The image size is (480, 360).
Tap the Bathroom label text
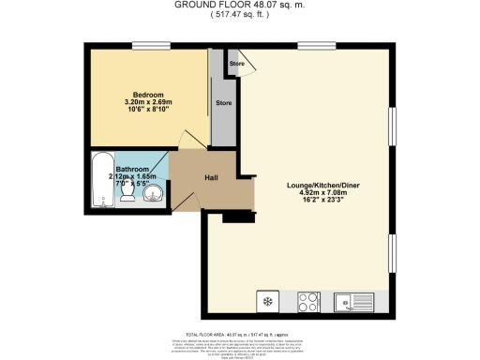(131, 170)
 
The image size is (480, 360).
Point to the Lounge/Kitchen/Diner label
(320, 185)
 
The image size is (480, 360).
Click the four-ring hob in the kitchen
(308, 302)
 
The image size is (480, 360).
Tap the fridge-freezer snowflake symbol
(267, 302)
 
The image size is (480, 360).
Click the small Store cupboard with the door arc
(238, 66)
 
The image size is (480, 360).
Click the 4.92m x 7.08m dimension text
(320, 193)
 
